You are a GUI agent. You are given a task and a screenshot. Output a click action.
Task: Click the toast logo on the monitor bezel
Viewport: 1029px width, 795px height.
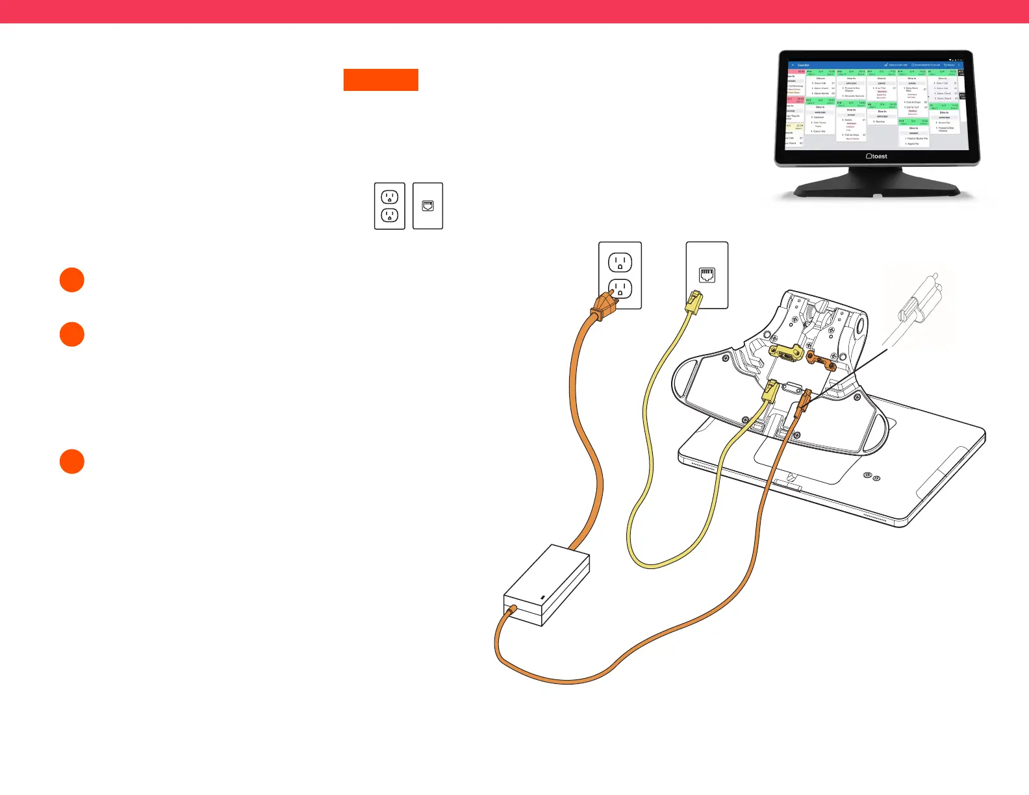(877, 157)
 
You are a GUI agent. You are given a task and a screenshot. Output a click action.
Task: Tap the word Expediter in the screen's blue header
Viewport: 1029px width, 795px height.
(804, 65)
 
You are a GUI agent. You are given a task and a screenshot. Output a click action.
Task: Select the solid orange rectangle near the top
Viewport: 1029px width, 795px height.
(381, 80)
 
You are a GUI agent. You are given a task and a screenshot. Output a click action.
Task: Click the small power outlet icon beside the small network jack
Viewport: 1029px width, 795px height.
(390, 206)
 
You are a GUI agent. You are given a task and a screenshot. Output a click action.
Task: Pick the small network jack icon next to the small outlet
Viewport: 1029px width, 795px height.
(427, 206)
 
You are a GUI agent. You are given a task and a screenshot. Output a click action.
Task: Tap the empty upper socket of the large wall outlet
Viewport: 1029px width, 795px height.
(620, 262)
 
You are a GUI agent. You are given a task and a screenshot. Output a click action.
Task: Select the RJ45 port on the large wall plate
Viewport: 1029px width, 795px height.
(707, 275)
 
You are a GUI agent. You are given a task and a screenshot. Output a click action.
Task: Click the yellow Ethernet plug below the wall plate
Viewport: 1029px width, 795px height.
(693, 303)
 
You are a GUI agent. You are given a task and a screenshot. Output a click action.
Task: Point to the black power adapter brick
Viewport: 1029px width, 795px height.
(547, 585)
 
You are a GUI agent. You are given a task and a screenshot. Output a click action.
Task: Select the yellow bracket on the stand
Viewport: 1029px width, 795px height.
(786, 353)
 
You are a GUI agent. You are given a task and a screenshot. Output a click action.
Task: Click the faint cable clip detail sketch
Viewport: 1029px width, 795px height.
(920, 305)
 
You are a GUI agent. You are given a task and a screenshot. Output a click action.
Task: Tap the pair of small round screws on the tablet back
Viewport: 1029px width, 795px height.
(872, 477)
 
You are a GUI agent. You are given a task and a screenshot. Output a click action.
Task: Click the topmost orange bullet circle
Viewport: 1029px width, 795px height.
(72, 280)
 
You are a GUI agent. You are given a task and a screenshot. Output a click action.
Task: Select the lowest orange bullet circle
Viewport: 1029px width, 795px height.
(72, 462)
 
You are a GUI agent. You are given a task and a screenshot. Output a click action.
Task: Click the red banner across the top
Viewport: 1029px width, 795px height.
(514, 12)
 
